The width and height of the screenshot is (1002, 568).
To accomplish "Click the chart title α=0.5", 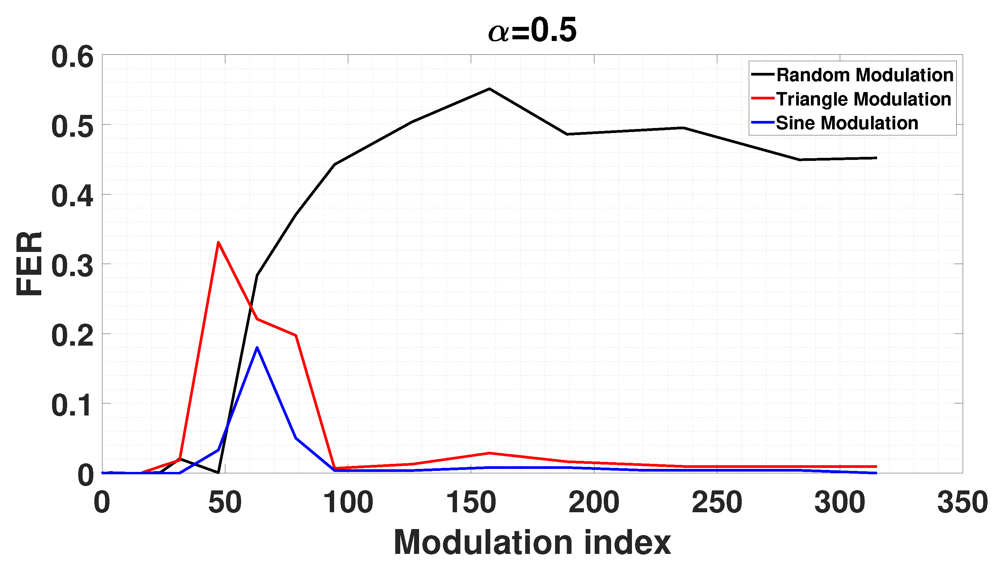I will tap(532, 31).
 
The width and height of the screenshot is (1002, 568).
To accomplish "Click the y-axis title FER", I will tap(29, 264).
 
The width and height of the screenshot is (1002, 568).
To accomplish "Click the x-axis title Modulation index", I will tap(532, 542).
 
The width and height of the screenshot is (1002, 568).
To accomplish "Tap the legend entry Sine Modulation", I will tap(847, 123).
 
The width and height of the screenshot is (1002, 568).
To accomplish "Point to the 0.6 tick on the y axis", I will tap(73, 57).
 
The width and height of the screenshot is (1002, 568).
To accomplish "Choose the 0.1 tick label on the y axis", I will tap(73, 405).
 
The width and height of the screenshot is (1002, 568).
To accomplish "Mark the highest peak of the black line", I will tap(489, 89).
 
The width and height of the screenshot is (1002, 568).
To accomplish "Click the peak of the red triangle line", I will tap(219, 242).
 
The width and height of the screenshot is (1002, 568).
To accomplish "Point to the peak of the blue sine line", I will tap(257, 347).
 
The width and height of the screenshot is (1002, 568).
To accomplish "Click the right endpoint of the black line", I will tap(876, 158).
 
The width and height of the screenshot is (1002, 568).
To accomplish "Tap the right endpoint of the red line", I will tap(876, 467).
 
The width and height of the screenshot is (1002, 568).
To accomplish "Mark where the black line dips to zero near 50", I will tap(218, 472).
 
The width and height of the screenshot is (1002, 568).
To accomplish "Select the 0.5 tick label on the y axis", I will tap(73, 127).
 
